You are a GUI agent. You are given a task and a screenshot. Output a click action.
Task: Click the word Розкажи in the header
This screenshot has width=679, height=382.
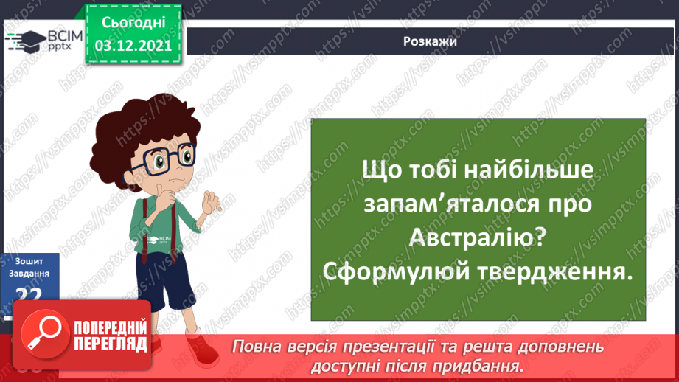pos(431,41)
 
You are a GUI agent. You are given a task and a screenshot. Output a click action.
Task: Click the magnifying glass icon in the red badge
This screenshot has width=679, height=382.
pos(41,333)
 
